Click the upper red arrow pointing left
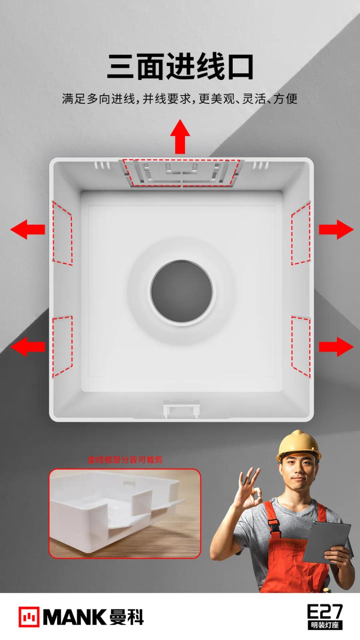(x=28, y=229)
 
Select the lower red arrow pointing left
(x=28, y=347)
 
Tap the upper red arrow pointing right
(x=336, y=229)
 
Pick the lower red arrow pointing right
(x=336, y=347)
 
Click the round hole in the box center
(x=182, y=292)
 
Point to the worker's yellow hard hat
(x=298, y=445)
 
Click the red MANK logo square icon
(x=29, y=617)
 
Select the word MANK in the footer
(x=75, y=617)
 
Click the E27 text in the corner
(x=325, y=612)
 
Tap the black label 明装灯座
(x=325, y=625)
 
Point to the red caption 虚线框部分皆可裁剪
(x=125, y=460)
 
